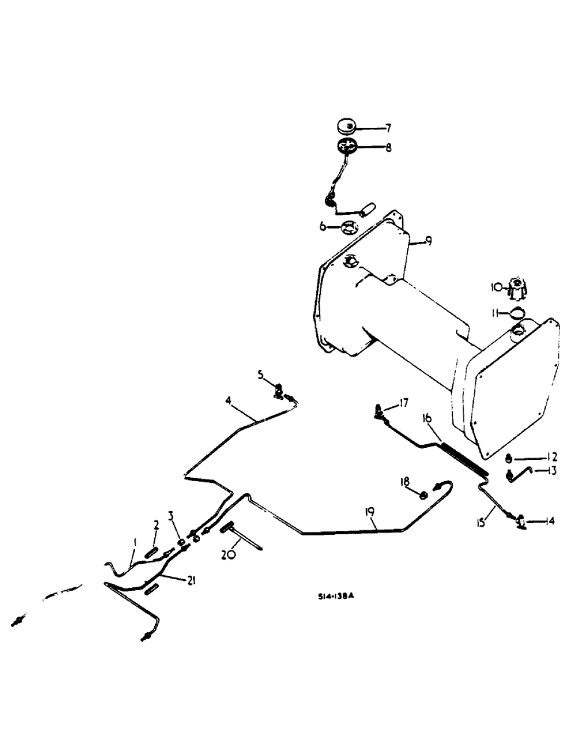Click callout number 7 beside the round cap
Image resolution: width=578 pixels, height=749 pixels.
pyautogui.click(x=387, y=128)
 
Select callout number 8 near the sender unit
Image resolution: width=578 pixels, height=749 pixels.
pyautogui.click(x=387, y=148)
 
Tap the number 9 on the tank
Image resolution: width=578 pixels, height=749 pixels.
pyautogui.click(x=428, y=240)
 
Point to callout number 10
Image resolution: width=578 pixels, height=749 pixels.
pyautogui.click(x=495, y=286)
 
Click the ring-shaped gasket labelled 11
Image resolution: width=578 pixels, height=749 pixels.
pyautogui.click(x=517, y=312)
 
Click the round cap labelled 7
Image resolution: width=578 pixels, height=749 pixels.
pyautogui.click(x=347, y=125)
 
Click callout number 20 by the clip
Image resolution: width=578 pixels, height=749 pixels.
pyautogui.click(x=227, y=555)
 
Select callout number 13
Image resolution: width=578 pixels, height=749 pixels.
pyautogui.click(x=552, y=470)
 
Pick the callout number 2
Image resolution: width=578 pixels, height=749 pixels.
pyautogui.click(x=156, y=524)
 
